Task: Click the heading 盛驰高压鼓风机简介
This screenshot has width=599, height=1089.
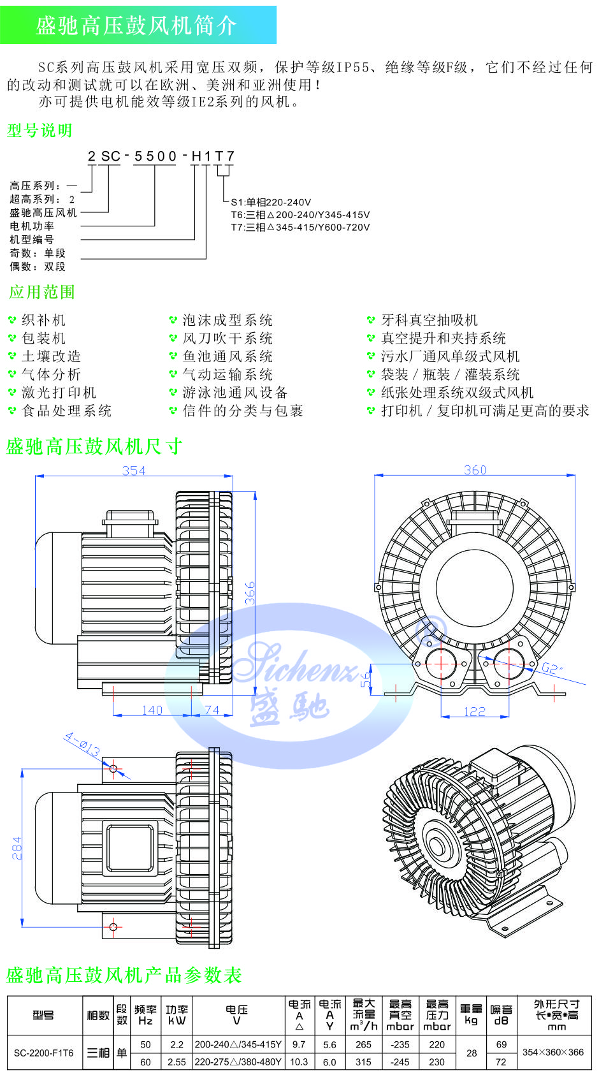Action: tap(136, 26)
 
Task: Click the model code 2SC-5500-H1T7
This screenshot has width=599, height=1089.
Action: tap(162, 156)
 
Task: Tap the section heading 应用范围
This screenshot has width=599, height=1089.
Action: tap(42, 293)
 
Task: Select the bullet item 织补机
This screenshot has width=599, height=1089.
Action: tap(43, 320)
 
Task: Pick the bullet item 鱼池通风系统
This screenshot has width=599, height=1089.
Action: tap(227, 356)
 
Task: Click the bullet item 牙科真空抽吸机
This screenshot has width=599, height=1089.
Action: tap(429, 320)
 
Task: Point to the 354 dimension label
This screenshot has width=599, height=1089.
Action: tap(134, 471)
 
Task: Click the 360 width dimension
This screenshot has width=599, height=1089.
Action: tap(475, 470)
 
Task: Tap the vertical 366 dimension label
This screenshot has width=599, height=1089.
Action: tap(250, 593)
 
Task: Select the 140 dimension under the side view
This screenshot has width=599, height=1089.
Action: tap(152, 710)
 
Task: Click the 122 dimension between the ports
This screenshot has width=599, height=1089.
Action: tap(474, 712)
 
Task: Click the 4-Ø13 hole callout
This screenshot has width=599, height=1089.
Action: tap(82, 745)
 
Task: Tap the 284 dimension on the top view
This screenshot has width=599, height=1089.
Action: tap(17, 848)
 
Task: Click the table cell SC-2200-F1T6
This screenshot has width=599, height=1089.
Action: tap(43, 1053)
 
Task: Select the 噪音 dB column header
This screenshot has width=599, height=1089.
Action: tap(501, 1015)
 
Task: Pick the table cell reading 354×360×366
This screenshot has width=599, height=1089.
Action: tap(553, 1052)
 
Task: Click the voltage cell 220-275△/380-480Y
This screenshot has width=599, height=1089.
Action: tap(238, 1062)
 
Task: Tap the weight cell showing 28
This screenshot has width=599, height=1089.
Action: tap(471, 1053)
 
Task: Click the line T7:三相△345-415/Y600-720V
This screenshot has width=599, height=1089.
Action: tap(300, 227)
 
